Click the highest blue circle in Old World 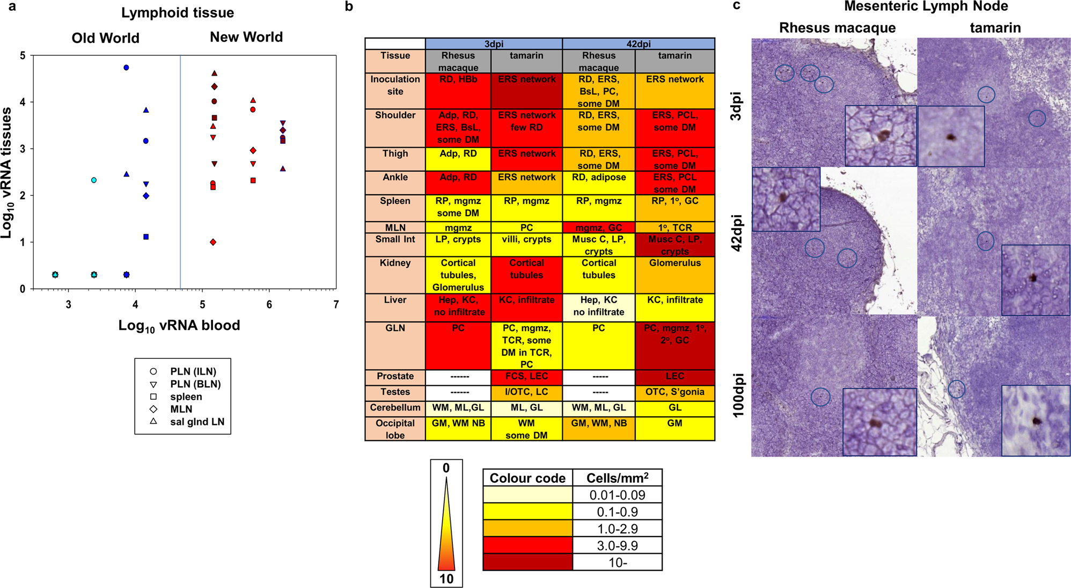[x=126, y=68]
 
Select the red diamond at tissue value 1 [x=213, y=242]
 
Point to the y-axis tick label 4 [x=23, y=102]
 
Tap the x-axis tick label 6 [x=269, y=305]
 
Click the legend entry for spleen [x=186, y=397]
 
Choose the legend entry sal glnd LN [x=196, y=422]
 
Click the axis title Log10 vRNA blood [x=179, y=326]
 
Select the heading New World [x=246, y=37]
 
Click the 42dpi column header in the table [x=639, y=44]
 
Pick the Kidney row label [x=395, y=263]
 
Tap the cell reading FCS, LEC [x=526, y=377]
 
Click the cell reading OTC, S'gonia [x=674, y=392]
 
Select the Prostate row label [x=395, y=377]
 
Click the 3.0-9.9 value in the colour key [x=617, y=546]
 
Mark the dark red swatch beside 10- [x=527, y=562]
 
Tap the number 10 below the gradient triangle [x=446, y=579]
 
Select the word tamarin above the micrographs [x=995, y=28]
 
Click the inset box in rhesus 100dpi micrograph [x=879, y=422]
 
